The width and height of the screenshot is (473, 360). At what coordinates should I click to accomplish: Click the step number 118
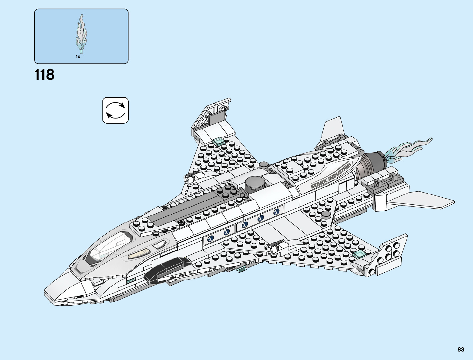(44, 75)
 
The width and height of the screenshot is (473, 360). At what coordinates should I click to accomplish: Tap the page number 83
(461, 349)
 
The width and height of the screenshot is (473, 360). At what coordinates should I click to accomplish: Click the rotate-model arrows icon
(115, 110)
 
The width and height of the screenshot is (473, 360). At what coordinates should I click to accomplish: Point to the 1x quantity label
(78, 57)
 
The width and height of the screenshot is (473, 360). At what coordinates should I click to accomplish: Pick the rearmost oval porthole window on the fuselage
(276, 212)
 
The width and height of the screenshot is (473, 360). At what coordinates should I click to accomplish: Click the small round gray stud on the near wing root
(326, 214)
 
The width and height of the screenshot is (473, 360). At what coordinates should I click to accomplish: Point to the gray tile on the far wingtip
(217, 117)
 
